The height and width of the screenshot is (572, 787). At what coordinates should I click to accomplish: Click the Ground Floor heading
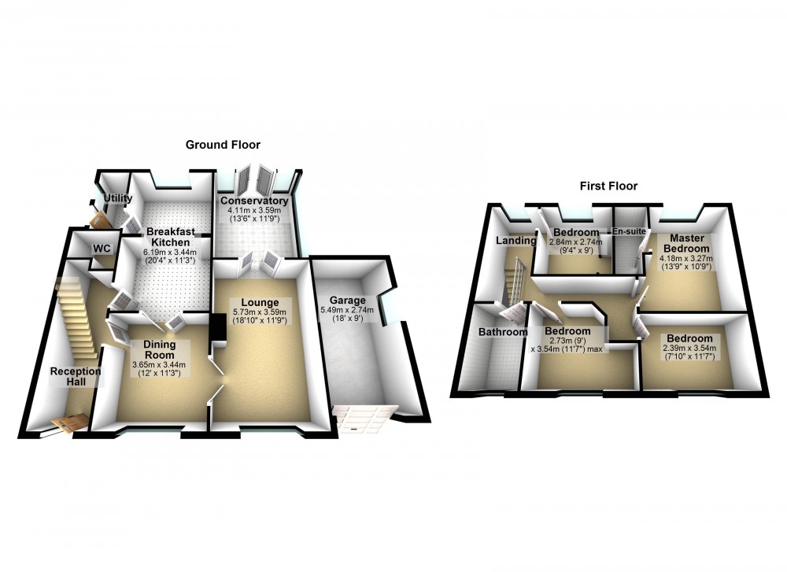223,145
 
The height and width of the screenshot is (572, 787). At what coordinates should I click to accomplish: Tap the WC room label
102,248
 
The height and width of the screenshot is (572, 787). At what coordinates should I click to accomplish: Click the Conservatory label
253,201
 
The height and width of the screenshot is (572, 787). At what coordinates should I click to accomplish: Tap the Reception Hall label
76,376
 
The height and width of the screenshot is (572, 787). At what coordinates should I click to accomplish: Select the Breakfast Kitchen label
168,237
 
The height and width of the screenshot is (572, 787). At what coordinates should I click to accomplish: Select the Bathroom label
503,332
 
